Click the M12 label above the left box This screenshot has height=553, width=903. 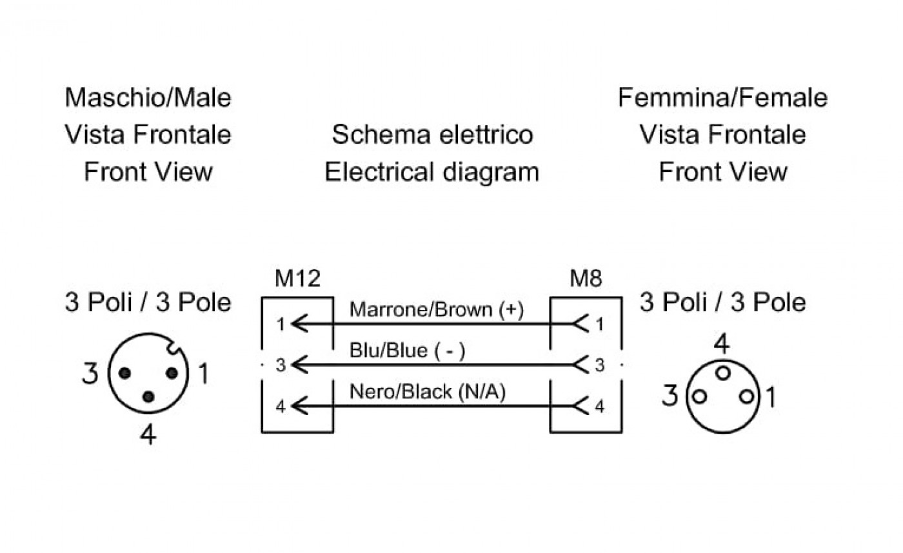297,278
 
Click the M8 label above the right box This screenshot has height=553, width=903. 586,278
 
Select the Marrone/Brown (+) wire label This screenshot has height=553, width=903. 437,310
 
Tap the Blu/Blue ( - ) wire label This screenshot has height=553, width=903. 407,351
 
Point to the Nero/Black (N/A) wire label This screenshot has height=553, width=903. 427,391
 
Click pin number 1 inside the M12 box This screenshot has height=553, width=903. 281,324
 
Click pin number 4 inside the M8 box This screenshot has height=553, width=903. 600,407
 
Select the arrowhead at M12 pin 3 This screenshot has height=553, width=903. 299,365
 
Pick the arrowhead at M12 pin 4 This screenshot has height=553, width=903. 299,406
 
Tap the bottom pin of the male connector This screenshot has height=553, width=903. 148,397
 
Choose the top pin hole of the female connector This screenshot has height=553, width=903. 723,373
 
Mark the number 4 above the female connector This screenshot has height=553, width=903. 722,344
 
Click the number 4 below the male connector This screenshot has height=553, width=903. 148,434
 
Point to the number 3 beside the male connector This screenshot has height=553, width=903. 90,373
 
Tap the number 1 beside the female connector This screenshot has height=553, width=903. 770,397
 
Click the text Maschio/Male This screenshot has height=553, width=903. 148,98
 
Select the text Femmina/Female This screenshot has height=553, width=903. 723,98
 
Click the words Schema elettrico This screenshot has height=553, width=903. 432,135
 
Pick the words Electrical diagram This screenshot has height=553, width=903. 432,172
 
